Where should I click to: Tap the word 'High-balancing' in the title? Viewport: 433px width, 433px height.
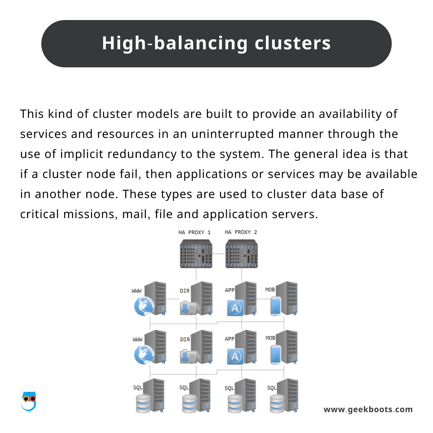[x=175, y=44]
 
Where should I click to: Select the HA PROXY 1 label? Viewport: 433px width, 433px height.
[x=194, y=233]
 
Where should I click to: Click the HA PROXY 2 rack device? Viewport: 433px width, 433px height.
[x=242, y=253]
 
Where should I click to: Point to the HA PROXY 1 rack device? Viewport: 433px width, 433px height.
[x=196, y=253]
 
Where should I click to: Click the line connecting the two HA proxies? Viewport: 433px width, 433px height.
[x=219, y=254]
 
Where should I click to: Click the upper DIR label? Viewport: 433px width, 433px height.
[x=185, y=291]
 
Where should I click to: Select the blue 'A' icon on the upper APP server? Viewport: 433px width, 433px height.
[x=235, y=308]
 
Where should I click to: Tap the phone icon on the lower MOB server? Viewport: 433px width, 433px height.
[x=275, y=355]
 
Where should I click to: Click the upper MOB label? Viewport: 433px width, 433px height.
[x=270, y=290]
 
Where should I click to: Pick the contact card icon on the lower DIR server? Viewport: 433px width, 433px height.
[x=190, y=357]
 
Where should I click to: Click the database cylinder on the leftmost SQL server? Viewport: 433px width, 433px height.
[x=143, y=403]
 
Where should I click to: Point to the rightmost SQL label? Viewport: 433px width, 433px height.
[x=271, y=388]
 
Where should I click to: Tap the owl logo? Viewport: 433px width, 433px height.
[x=29, y=401]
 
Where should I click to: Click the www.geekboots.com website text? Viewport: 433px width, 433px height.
[x=368, y=409]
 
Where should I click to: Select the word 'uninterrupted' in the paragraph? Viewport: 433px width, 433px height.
[x=233, y=134]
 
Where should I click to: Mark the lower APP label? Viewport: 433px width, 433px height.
[x=229, y=339]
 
